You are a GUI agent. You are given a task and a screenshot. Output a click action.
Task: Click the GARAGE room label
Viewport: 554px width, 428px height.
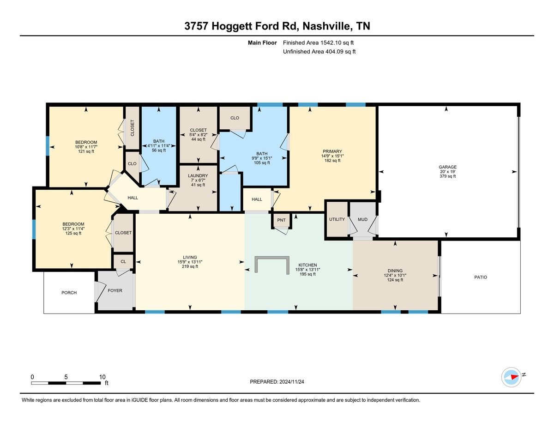coord(447,167)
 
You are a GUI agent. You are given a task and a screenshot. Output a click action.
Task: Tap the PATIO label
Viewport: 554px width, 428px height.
coord(480,277)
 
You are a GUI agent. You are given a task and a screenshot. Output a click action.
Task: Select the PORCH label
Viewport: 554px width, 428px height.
coord(69,293)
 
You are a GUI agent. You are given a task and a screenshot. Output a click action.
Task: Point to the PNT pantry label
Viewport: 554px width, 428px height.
coord(281,221)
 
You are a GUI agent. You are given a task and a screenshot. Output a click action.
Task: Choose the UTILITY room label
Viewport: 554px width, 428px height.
coord(337,219)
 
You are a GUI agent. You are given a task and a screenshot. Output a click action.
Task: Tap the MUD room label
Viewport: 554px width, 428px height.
coord(362,219)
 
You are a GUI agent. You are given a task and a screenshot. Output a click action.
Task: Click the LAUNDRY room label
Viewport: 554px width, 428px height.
coord(198,175)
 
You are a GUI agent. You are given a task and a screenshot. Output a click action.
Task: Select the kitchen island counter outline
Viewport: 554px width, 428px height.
coord(272,263)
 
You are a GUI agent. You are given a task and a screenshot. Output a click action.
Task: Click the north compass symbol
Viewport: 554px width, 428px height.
coord(512,377)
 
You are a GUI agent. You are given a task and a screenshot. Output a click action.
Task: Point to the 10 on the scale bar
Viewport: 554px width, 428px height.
coord(102,377)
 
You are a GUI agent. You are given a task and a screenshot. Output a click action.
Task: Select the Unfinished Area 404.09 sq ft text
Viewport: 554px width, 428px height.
coord(319,52)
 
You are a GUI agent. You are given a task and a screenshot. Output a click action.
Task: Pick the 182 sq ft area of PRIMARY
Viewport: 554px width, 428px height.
coord(332,162)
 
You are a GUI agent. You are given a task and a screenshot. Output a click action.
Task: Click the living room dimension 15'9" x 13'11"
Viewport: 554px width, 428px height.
coord(190,262)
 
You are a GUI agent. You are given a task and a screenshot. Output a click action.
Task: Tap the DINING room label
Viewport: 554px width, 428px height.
coord(395,271)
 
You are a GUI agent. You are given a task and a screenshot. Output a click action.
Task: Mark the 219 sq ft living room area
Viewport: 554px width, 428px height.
coord(190,266)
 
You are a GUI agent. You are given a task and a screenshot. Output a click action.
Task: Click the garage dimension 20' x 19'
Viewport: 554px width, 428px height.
coord(447,171)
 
